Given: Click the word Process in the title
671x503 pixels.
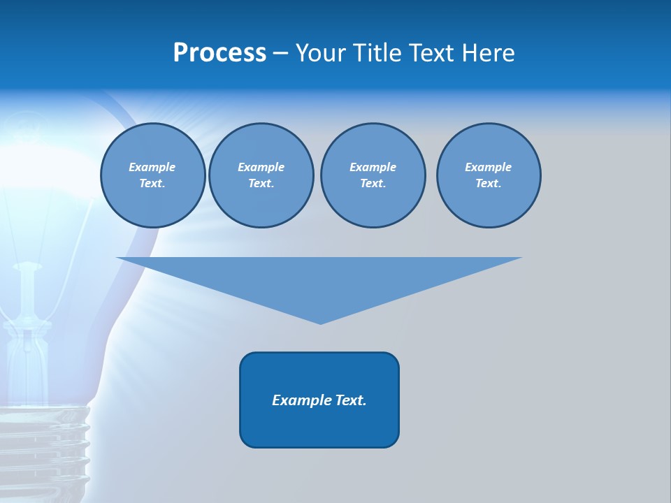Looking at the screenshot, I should (x=219, y=53).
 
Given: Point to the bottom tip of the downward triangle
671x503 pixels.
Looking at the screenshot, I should (x=320, y=322).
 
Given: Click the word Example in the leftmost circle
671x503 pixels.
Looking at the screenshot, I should (x=152, y=167).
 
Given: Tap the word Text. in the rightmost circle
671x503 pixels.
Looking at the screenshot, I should (x=488, y=183).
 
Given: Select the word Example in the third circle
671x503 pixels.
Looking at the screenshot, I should (x=373, y=167).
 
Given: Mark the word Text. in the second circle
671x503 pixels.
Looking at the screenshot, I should (x=261, y=183).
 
